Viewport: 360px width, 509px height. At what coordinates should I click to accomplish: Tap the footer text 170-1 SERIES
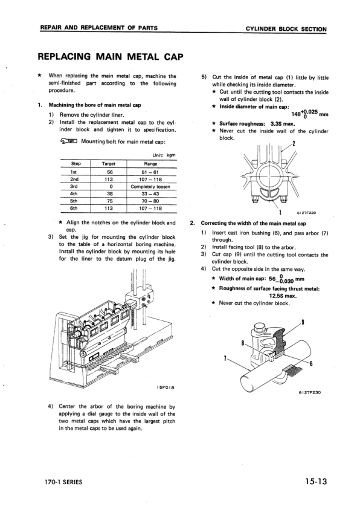(x=63, y=482)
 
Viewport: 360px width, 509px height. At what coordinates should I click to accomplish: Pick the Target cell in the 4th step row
(x=109, y=194)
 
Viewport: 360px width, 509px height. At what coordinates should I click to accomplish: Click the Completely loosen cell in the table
(x=150, y=187)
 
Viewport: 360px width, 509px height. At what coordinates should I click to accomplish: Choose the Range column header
(x=150, y=163)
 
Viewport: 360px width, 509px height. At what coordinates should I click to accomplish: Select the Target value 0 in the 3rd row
(x=109, y=187)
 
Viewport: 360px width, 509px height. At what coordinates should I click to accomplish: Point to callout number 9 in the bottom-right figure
(x=302, y=321)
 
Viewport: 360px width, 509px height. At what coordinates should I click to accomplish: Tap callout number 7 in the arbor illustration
(x=225, y=358)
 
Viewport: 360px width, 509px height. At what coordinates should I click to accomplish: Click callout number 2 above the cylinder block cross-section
(x=293, y=143)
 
